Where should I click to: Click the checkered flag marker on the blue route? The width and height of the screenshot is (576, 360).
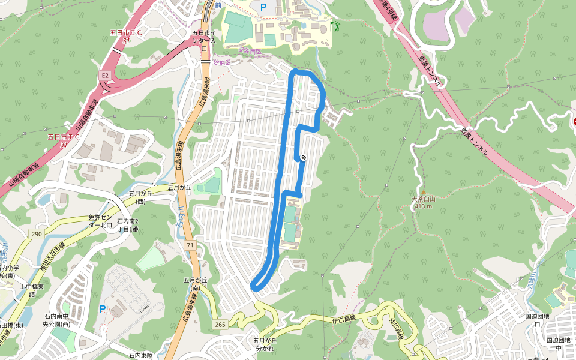[304, 157]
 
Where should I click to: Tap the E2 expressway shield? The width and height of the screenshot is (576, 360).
[106, 75]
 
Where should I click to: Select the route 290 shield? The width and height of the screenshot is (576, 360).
[37, 233]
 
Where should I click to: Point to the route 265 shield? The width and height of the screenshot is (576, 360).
[220, 325]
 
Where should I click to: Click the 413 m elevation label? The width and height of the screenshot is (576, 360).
[423, 206]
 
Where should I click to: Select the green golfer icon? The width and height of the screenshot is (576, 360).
[334, 26]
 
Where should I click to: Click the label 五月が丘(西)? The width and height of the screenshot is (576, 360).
[141, 197]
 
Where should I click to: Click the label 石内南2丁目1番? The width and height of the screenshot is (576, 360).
[128, 225]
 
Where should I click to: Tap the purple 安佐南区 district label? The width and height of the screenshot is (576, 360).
[250, 52]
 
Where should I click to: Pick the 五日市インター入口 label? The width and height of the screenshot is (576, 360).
[204, 40]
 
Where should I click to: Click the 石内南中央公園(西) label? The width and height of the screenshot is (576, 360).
[57, 320]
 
